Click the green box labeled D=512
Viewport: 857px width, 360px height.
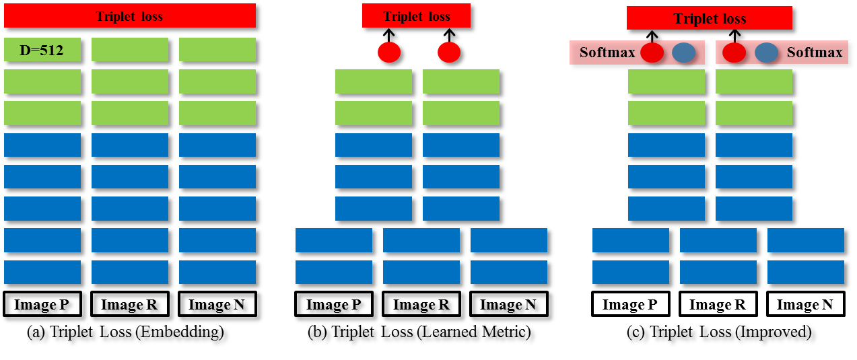42,49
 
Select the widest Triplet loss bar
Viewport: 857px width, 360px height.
129,17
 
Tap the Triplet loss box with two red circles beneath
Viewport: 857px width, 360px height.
416,17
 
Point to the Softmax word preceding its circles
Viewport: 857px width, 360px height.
607,52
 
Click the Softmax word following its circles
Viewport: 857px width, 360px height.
814,52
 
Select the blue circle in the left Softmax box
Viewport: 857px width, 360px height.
683,52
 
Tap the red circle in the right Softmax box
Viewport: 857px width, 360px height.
734,52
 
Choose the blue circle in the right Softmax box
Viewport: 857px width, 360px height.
766,52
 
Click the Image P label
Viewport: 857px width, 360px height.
630,305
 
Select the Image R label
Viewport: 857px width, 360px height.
718,305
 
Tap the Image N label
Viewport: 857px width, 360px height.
804,305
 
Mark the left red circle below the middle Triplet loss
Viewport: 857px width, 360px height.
389,52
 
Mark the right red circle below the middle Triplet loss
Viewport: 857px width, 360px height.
449,52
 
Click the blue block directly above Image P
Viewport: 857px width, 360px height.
630,273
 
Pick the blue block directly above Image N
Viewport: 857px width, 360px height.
804,273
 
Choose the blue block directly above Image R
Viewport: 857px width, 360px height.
718,273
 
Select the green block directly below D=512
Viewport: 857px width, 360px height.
42,81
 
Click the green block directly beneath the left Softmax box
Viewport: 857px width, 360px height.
666,81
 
